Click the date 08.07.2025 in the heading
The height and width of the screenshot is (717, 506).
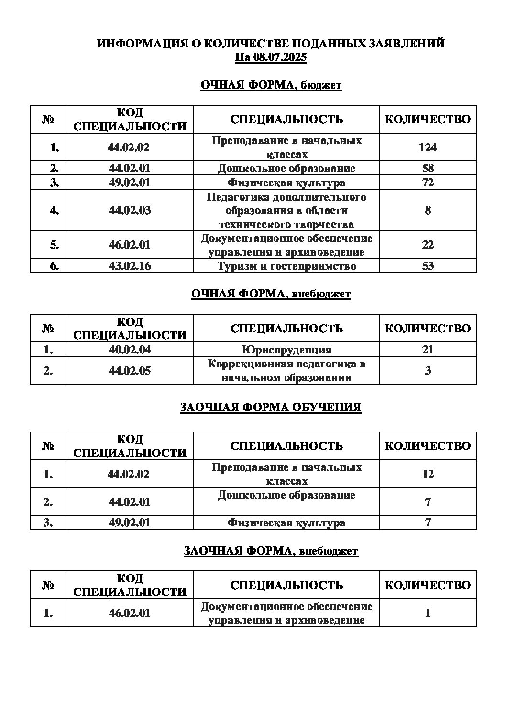[281, 57]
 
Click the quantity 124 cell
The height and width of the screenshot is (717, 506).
[428, 148]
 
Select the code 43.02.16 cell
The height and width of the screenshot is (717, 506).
[130, 266]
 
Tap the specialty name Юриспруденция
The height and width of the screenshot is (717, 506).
[286, 350]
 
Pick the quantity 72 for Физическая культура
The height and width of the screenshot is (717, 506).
[428, 182]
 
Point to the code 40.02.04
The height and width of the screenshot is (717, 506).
[130, 350]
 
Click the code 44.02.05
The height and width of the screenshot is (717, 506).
[130, 371]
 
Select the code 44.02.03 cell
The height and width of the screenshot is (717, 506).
[130, 210]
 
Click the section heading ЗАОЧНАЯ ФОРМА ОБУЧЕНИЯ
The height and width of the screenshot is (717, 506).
[271, 408]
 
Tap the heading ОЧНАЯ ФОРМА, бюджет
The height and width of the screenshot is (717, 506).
[271, 85]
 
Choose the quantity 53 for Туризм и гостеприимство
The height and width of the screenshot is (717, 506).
[428, 266]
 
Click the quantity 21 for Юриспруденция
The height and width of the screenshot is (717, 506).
[428, 350]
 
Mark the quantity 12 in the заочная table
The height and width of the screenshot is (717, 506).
[428, 474]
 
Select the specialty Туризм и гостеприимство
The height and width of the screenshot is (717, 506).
[286, 266]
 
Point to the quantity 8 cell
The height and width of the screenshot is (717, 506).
[428, 210]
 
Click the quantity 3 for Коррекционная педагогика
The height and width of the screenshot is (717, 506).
[428, 371]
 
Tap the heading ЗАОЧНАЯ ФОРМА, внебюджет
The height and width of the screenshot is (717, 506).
[271, 551]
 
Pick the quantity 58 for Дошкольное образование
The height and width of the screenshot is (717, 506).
[428, 168]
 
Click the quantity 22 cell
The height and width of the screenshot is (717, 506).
[428, 245]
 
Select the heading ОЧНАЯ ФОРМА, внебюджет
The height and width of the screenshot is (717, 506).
[271, 294]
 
